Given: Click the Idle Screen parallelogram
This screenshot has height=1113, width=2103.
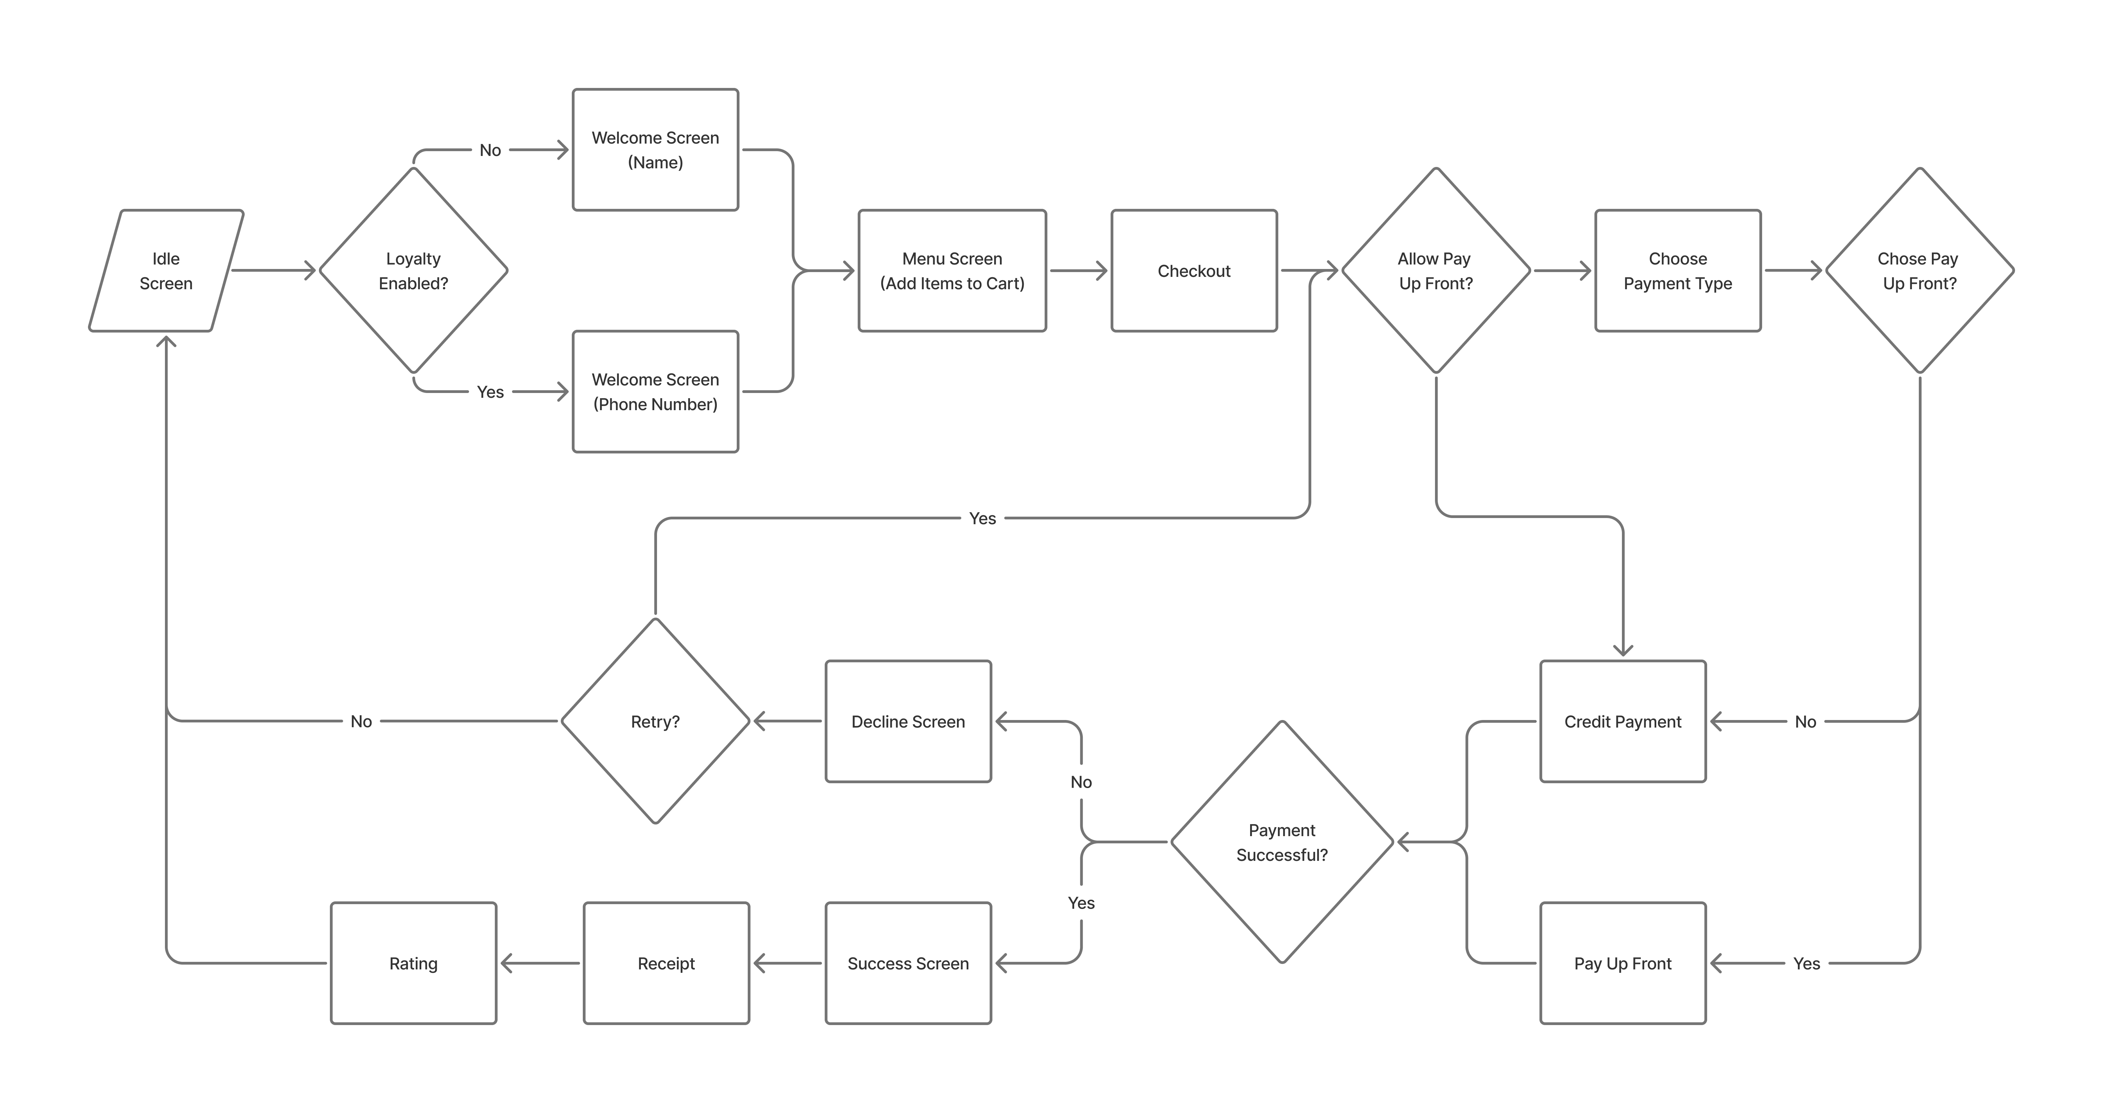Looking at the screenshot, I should (166, 271).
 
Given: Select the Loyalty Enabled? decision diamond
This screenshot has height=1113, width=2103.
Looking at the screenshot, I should (413, 271).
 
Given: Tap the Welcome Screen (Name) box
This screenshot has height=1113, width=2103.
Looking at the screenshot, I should (656, 150).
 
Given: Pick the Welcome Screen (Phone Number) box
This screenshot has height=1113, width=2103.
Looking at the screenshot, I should (656, 392).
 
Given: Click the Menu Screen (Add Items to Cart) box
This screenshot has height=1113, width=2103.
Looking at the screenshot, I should (952, 271).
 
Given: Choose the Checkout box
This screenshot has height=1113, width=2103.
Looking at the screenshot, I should (1193, 271).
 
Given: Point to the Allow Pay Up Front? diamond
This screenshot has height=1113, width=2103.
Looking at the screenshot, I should (1435, 271).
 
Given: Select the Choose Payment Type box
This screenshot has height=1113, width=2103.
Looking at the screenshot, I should (1678, 271).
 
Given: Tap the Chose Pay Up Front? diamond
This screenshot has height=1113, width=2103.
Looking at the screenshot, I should (1919, 271).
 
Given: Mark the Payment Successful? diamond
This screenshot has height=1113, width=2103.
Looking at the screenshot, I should (1282, 842).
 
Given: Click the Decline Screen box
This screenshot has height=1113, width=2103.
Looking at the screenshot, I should (908, 721).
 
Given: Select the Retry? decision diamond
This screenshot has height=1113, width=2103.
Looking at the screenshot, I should (656, 721).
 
